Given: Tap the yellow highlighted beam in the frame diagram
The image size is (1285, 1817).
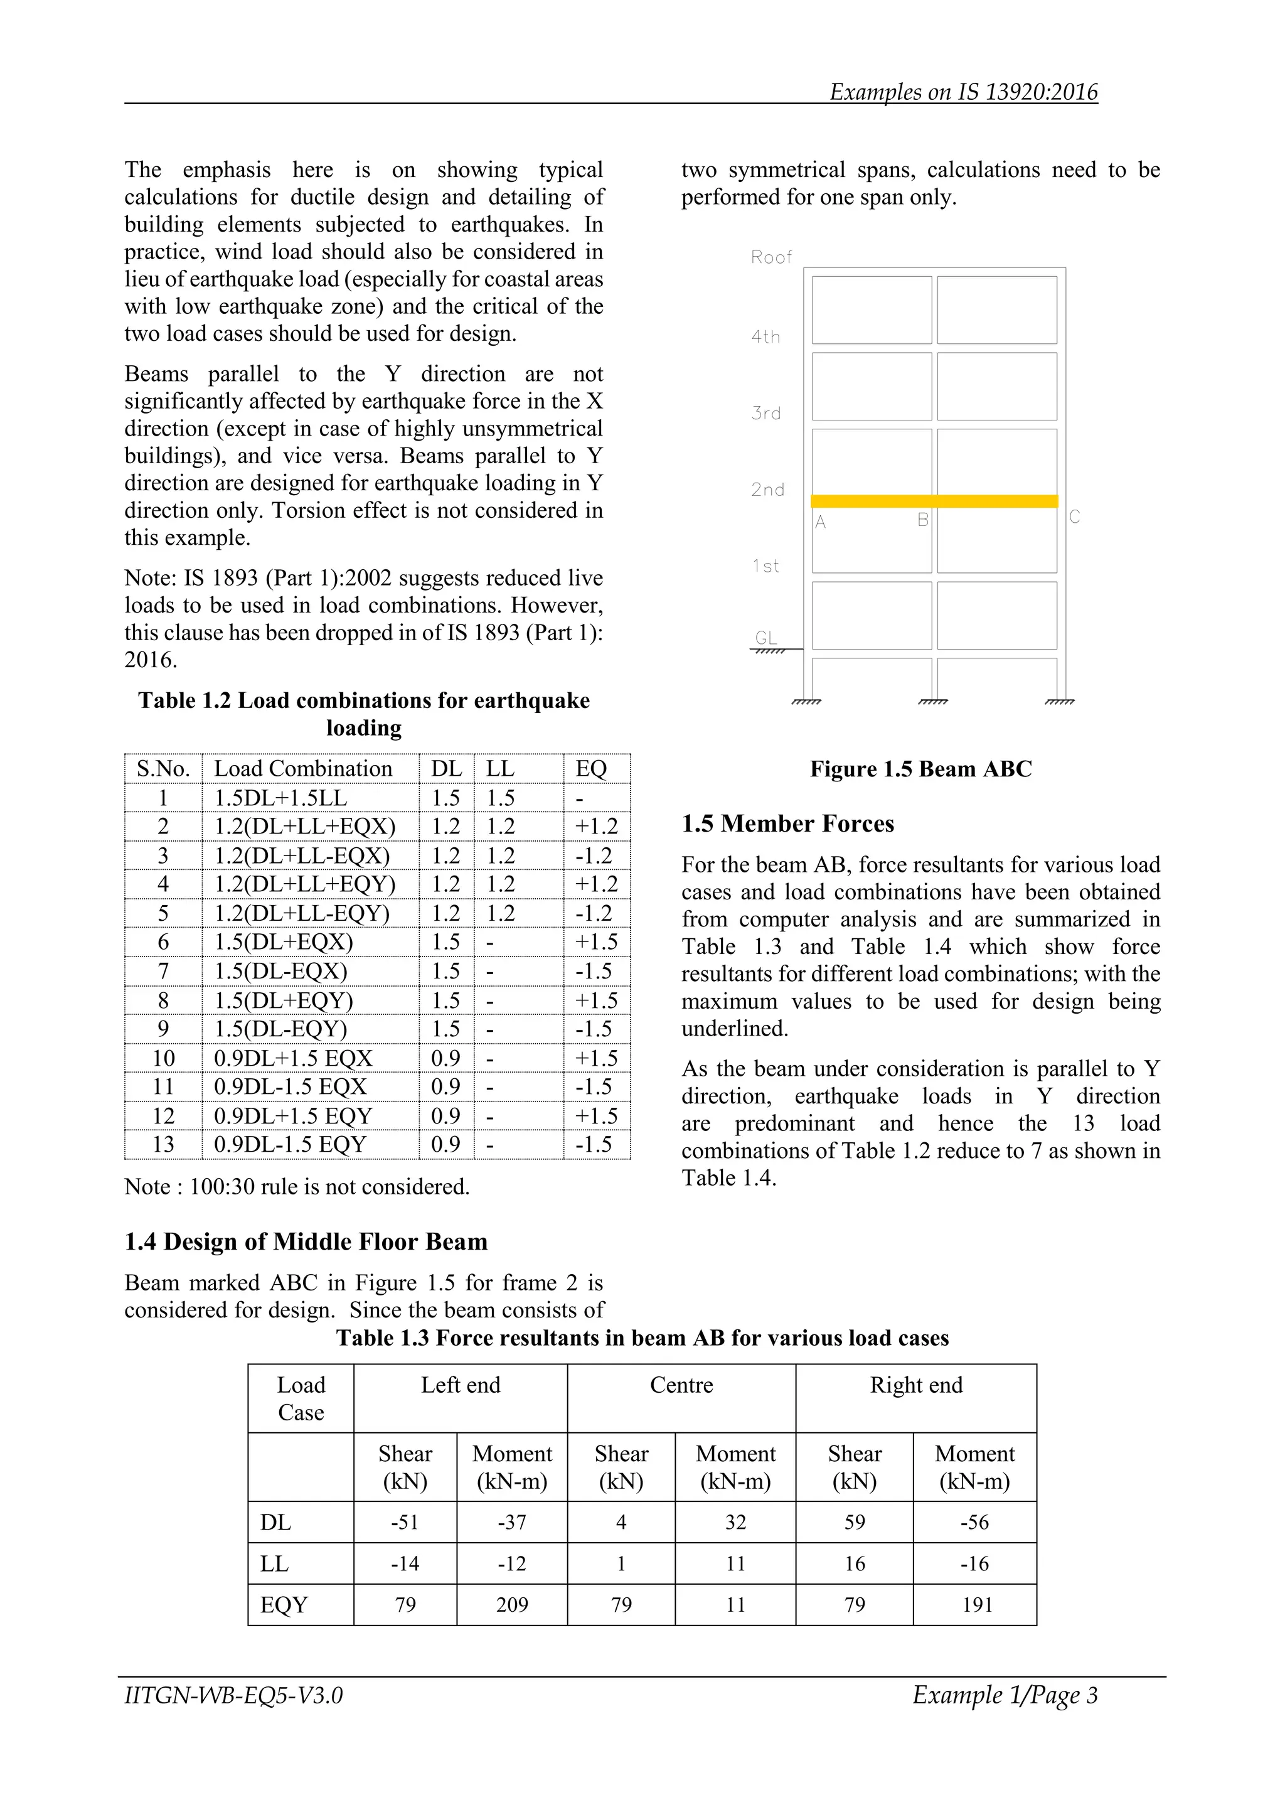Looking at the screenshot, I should [934, 501].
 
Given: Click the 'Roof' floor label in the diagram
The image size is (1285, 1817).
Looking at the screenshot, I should [770, 257].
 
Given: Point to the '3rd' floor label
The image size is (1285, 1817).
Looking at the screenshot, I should [766, 413].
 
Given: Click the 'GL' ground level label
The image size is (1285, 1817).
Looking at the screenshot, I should [765, 638].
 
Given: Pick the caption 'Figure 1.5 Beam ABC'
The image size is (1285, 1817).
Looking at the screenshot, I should [920, 769].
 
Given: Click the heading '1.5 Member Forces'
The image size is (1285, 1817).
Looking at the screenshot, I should [787, 824].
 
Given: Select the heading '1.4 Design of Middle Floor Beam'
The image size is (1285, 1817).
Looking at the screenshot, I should [306, 1241].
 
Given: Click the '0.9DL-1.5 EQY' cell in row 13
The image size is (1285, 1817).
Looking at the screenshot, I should [290, 1144].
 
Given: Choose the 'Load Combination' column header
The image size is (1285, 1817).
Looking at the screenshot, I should [303, 768].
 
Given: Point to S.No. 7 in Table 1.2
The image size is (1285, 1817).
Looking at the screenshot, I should [163, 971].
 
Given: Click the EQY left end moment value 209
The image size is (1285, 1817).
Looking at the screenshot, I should [512, 1605].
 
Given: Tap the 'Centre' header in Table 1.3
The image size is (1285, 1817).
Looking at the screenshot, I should [681, 1385].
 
